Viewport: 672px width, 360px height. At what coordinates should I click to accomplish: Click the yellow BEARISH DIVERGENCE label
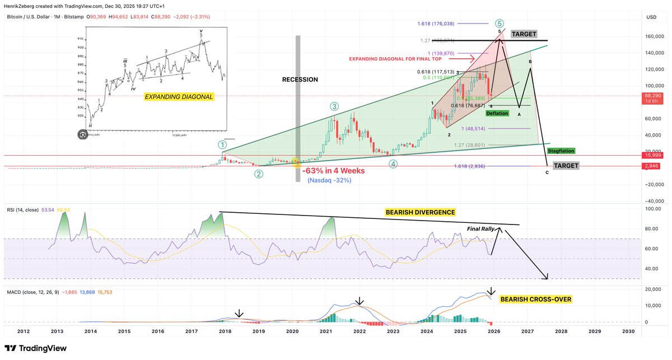point(420,213)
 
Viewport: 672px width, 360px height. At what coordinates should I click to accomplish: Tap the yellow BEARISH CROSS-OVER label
point(535,300)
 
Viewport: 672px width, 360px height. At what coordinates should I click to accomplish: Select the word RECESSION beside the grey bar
point(300,80)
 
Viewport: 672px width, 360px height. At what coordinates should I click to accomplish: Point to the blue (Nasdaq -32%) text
point(329,180)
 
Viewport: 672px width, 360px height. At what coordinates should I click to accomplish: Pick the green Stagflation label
point(562,151)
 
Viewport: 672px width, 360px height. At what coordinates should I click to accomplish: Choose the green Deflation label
point(497,113)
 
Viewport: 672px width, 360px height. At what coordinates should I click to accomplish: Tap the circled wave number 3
point(334,106)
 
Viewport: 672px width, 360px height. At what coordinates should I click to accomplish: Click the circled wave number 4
point(394,164)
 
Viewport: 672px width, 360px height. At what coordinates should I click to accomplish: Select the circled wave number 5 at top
point(498,24)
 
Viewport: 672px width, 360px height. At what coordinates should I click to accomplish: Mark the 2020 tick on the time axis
point(292,331)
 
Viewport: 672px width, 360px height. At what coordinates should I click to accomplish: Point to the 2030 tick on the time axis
point(628,331)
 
